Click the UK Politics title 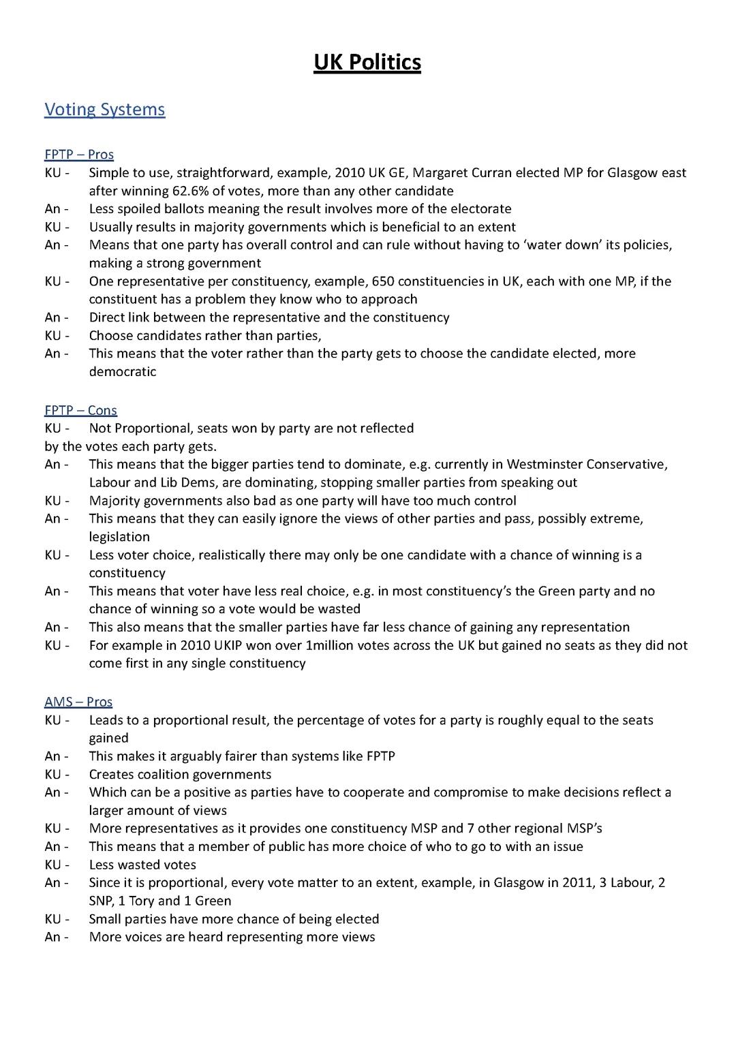tap(367, 63)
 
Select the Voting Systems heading tap(104, 110)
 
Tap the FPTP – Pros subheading tap(79, 155)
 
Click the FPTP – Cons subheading tap(80, 410)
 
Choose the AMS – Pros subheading tap(78, 702)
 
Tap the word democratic tap(123, 372)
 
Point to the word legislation tap(119, 537)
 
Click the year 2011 tap(577, 883)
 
